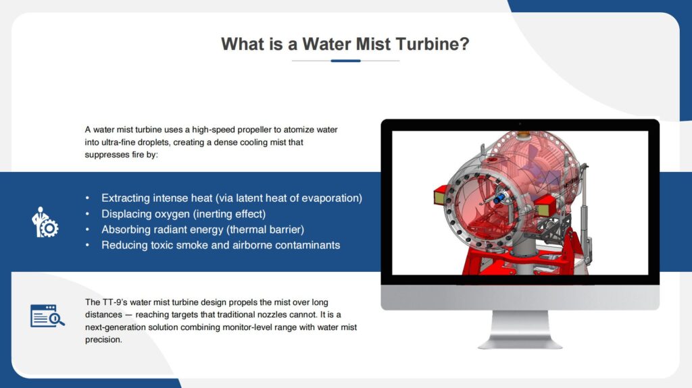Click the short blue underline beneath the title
[345, 61]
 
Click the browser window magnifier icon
[47, 316]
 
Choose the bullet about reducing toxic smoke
[220, 245]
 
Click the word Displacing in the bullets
[126, 214]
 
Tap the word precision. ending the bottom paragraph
[103, 340]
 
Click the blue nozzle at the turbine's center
[501, 199]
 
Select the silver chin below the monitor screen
[520, 297]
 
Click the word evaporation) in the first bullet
[333, 198]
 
